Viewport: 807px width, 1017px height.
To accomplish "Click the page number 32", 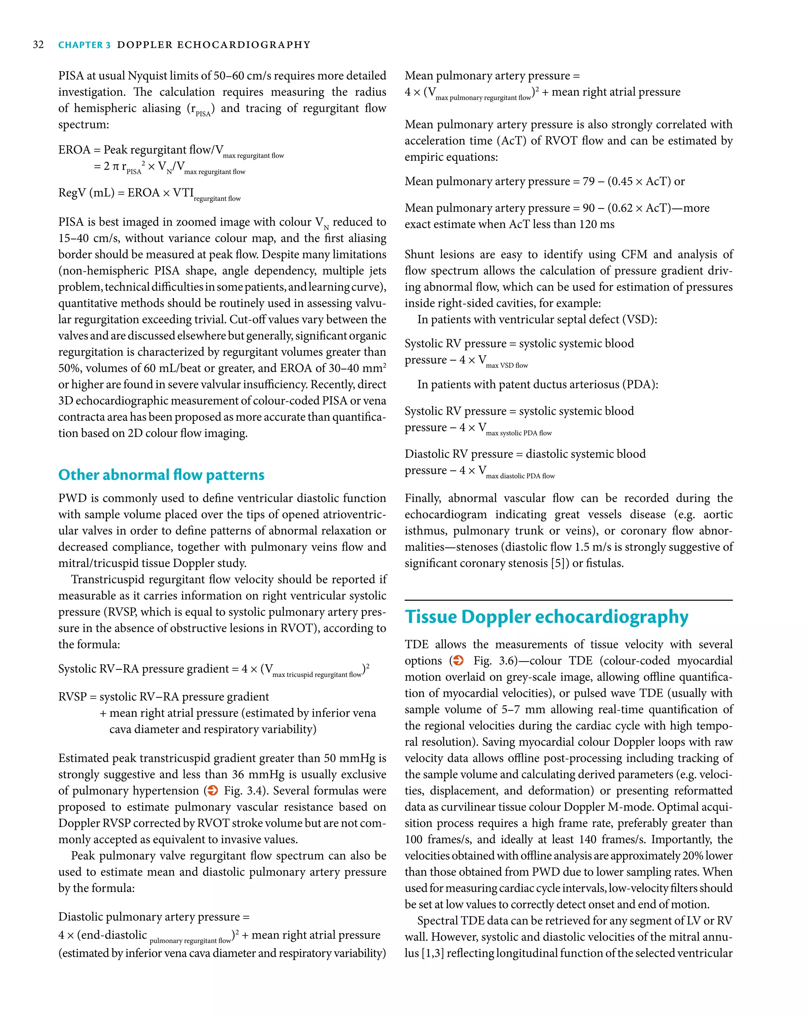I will pyautogui.click(x=38, y=45).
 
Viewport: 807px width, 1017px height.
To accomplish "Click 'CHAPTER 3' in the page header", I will pyautogui.click(x=84, y=45).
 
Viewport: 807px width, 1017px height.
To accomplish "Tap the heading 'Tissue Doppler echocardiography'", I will pyautogui.click(x=546, y=617).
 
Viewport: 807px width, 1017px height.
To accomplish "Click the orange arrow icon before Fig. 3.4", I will pyautogui.click(x=213, y=790).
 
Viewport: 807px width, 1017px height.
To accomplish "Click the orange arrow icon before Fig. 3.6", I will pyautogui.click(x=457, y=660).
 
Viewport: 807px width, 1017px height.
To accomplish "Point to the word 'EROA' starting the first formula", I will pyautogui.click(x=74, y=150).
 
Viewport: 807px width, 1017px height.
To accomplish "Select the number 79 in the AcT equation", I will pyautogui.click(x=588, y=182).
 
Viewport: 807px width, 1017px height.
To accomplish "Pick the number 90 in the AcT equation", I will pyautogui.click(x=588, y=208).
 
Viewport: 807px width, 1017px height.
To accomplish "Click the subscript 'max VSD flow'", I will pyautogui.click(x=507, y=366).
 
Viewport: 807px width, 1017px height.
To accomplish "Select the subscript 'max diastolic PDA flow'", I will pyautogui.click(x=520, y=476).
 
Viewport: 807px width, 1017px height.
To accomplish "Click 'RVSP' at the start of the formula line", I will pyautogui.click(x=72, y=697).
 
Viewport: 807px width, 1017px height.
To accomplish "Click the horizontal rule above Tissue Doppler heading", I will pyautogui.click(x=568, y=600).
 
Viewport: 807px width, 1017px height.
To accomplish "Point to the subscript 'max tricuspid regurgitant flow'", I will pyautogui.click(x=317, y=675).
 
